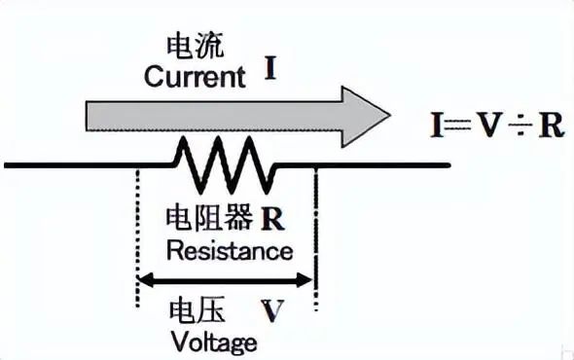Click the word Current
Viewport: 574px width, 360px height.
click(x=195, y=76)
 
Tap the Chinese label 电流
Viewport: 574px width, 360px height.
click(x=195, y=47)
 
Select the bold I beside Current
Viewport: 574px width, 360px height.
click(x=269, y=69)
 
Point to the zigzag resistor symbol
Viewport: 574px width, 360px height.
click(x=226, y=165)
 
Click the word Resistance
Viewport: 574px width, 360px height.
click(x=230, y=251)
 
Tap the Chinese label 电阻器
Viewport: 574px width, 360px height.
click(x=209, y=218)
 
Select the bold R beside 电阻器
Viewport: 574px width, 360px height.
click(x=272, y=219)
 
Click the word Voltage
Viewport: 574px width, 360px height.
click(x=214, y=343)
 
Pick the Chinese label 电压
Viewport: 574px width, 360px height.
click(x=197, y=311)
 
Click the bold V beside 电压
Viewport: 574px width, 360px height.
click(x=272, y=311)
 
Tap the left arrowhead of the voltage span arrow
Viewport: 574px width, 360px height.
click(x=146, y=280)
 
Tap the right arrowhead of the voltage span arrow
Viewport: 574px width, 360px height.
click(x=305, y=280)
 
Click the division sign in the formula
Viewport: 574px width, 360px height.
click(x=520, y=126)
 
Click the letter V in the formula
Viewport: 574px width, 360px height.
click(x=489, y=126)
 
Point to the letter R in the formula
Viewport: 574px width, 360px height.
click(x=551, y=126)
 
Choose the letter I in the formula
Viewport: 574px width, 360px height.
click(x=437, y=126)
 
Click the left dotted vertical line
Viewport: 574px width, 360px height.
click(x=137, y=238)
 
